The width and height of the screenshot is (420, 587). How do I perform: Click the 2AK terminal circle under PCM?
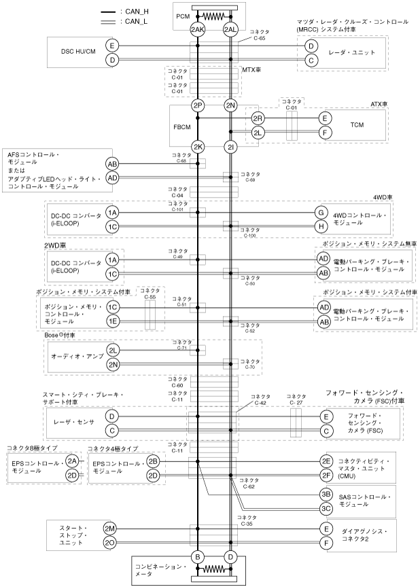pyautogui.click(x=198, y=30)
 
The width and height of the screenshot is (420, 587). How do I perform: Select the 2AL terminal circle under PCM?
pyautogui.click(x=231, y=30)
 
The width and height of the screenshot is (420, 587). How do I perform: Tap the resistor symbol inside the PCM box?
pyautogui.click(x=215, y=14)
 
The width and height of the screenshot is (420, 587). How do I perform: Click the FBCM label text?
pyautogui.click(x=182, y=126)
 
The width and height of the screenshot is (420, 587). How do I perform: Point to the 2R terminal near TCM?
pyautogui.click(x=258, y=118)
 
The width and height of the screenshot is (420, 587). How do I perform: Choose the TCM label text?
pyautogui.click(x=357, y=126)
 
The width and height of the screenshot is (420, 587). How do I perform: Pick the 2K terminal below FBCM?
pyautogui.click(x=198, y=147)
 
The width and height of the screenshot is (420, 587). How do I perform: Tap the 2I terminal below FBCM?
pyautogui.click(x=231, y=147)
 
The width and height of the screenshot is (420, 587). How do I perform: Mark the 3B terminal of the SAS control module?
pyautogui.click(x=326, y=494)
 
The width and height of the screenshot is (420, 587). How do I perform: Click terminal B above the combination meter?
pyautogui.click(x=198, y=556)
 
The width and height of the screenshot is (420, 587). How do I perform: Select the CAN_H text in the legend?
pyautogui.click(x=137, y=12)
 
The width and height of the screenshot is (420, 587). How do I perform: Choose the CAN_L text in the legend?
pyautogui.click(x=137, y=22)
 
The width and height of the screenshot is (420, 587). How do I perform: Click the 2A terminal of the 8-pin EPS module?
pyautogui.click(x=73, y=461)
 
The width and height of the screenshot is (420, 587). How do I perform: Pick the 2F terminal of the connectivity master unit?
pyautogui.click(x=326, y=475)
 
